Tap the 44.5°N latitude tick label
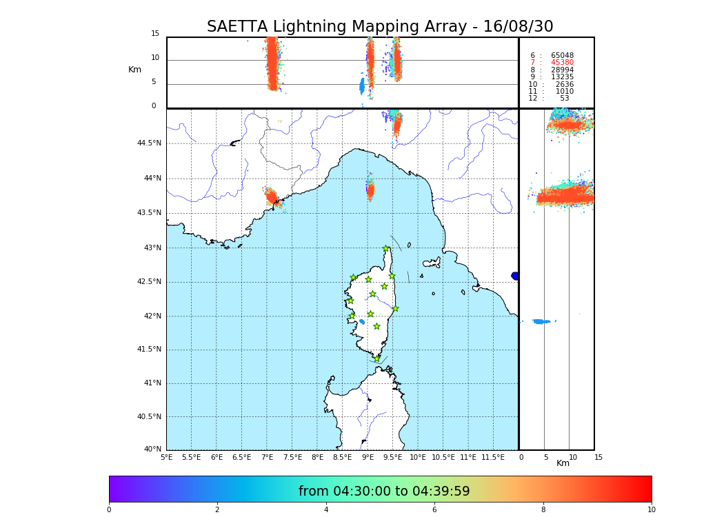(149, 143)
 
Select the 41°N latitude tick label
(152, 383)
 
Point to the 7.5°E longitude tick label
(292, 457)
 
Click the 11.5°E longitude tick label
(493, 457)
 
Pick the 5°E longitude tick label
(166, 457)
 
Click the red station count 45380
(562, 63)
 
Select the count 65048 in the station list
(562, 56)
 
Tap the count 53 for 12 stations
(565, 99)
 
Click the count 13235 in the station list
(562, 77)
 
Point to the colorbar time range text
(384, 491)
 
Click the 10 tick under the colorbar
(651, 509)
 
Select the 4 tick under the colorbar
(325, 509)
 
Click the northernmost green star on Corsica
(386, 249)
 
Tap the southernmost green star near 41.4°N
(376, 358)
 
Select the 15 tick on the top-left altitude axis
(155, 34)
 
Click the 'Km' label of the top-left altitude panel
(134, 70)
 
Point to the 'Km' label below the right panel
(563, 463)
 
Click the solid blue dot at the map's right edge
(515, 276)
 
